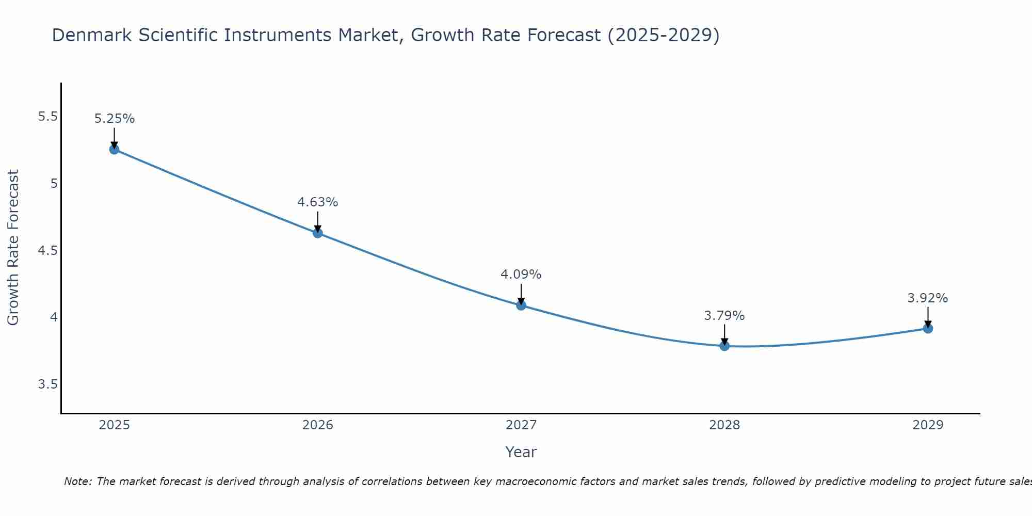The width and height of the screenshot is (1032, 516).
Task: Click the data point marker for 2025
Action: (x=114, y=150)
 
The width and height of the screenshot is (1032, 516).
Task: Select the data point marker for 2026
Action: (x=318, y=233)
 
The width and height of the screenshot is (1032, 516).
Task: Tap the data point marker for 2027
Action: (x=521, y=305)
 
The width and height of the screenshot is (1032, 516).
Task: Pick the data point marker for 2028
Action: (x=724, y=346)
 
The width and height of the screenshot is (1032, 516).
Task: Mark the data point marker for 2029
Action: (x=928, y=328)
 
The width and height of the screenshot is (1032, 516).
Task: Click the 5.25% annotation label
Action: (x=115, y=119)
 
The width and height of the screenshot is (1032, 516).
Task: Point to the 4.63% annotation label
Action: (x=318, y=202)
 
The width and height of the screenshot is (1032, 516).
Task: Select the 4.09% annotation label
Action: (x=521, y=275)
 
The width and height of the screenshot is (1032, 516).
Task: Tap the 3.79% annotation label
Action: (x=724, y=316)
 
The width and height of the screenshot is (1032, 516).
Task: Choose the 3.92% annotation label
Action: (x=928, y=298)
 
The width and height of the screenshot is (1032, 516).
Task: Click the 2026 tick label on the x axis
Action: (x=318, y=425)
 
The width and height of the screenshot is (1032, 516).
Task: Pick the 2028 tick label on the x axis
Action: (x=724, y=425)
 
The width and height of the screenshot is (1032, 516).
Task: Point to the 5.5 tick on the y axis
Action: (x=47, y=117)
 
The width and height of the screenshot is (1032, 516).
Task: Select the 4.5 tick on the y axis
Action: (x=47, y=251)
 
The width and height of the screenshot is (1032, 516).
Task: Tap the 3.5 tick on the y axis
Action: (x=47, y=384)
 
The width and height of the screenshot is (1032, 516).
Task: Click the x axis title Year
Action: (x=521, y=452)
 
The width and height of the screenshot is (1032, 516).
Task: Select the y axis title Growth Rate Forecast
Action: (x=13, y=247)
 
